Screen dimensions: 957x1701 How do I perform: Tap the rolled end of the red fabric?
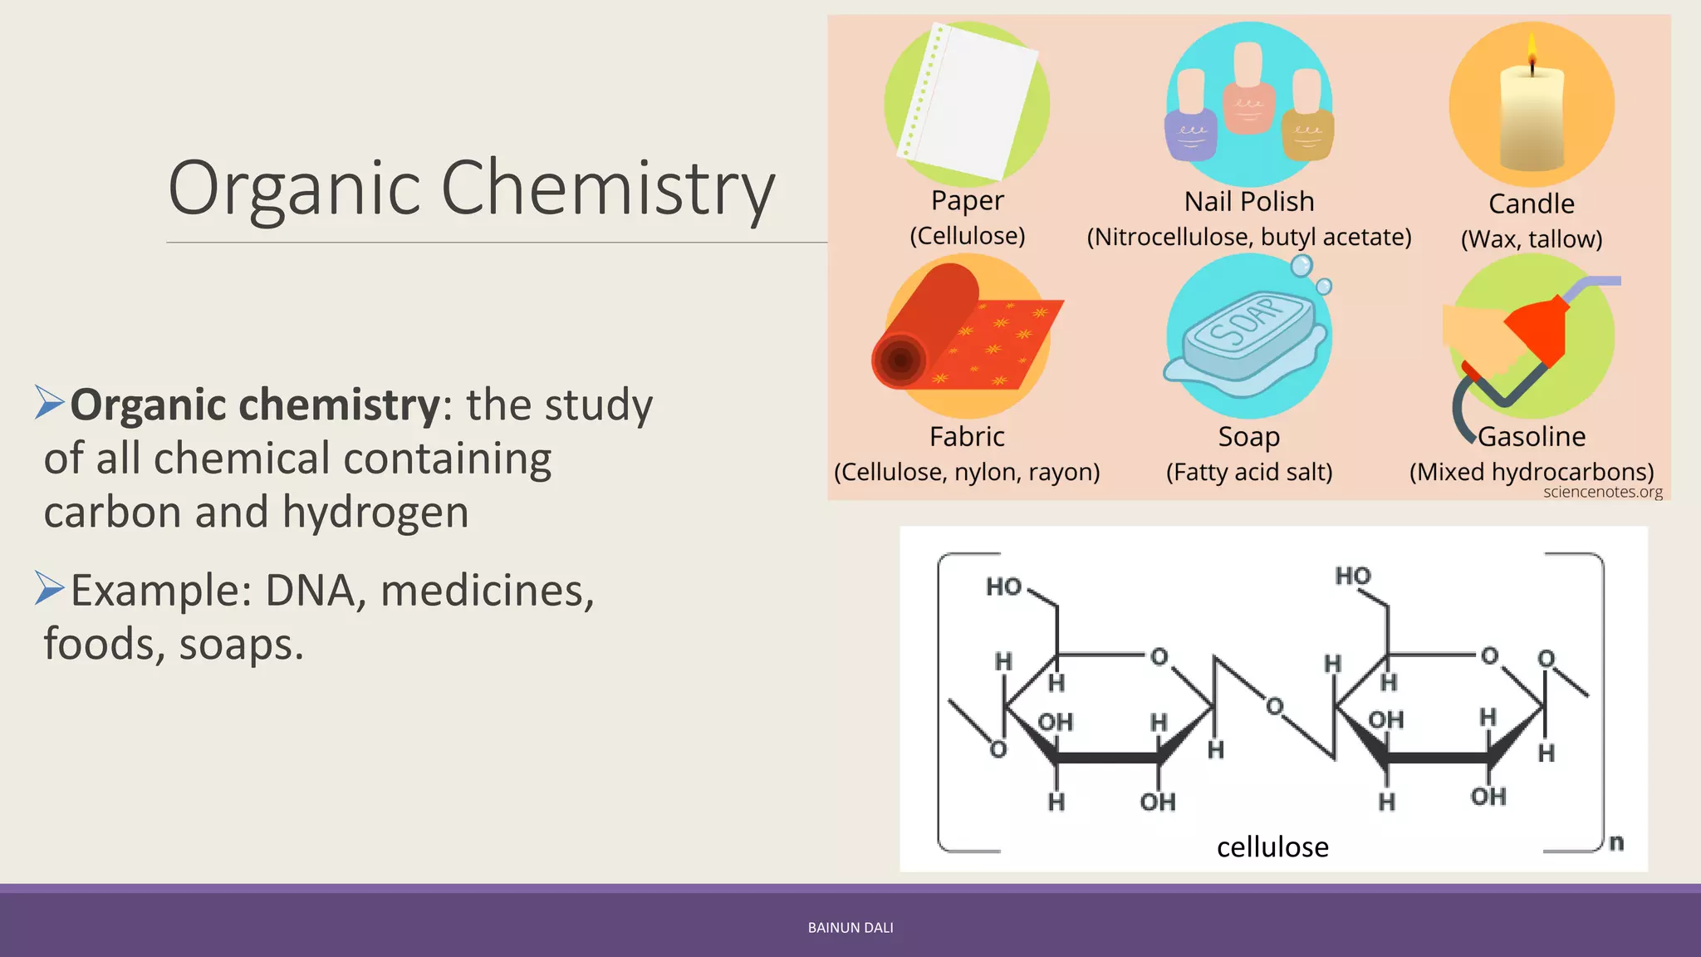[900, 360]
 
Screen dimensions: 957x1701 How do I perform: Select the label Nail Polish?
[1249, 201]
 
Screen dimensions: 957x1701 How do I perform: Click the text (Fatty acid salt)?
[1249, 472]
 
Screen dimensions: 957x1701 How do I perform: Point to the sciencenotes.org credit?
[1602, 492]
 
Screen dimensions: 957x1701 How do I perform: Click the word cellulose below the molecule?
[1272, 847]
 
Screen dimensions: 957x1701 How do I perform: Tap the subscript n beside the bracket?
[1615, 842]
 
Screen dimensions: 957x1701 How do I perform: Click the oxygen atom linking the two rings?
[1274, 707]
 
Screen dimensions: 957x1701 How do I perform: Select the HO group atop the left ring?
[1003, 586]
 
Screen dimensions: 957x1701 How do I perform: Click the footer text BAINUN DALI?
[850, 928]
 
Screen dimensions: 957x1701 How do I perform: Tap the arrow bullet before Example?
[50, 588]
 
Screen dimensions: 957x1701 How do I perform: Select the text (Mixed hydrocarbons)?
[1532, 472]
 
